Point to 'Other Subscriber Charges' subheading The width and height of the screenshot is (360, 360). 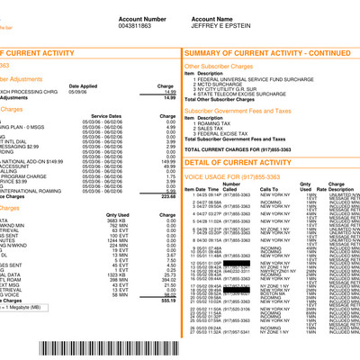[x=219, y=66]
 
